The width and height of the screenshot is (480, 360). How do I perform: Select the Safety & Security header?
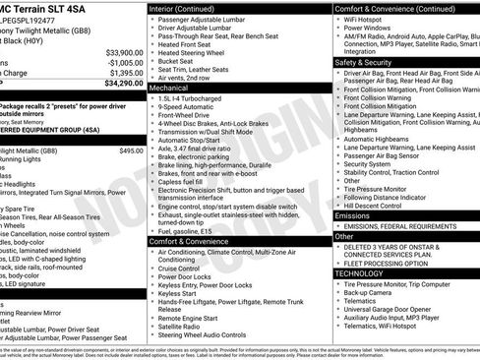point(369,61)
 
